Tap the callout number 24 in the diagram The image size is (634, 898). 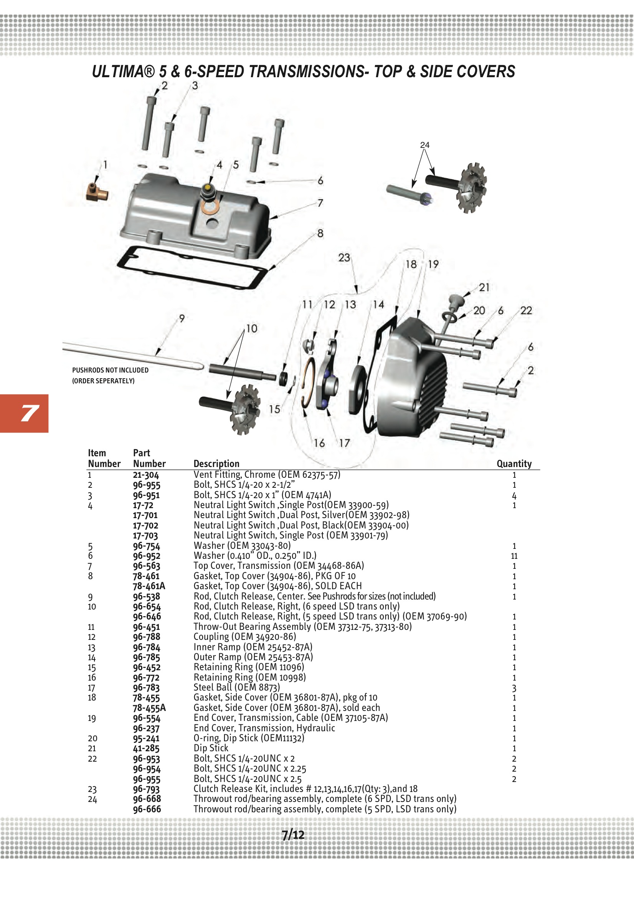point(424,145)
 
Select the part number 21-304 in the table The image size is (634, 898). point(146,475)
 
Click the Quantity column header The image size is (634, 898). point(513,464)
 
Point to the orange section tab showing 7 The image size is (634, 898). point(24,413)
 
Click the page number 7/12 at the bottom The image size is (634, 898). point(293,835)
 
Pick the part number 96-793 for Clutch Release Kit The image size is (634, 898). point(147,789)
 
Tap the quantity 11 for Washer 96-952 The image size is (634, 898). point(514,556)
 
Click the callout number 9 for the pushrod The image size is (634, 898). point(182,319)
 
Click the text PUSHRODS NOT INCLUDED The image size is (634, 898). point(110,370)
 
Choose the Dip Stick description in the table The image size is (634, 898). point(211,748)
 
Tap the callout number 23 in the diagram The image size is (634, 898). point(344,258)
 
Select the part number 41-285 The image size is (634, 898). point(146,749)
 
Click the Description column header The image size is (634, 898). point(216,464)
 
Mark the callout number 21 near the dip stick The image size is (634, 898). point(484,287)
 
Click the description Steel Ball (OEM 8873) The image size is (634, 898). point(236,687)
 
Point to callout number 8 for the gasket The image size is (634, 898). point(320,234)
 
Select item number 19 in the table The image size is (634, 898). point(91,718)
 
